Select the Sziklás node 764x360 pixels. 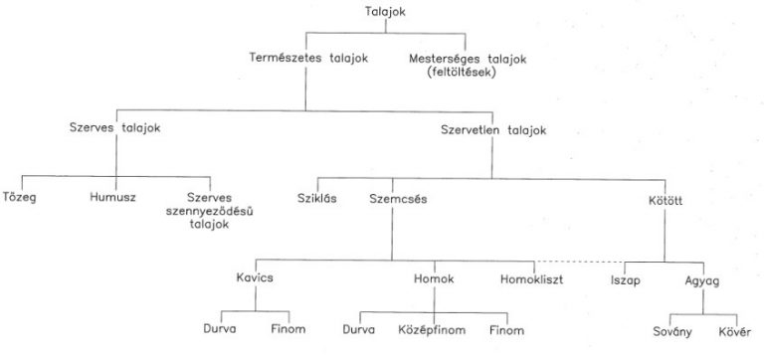[317, 197]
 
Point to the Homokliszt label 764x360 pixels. [531, 278]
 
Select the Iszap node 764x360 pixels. [626, 279]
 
